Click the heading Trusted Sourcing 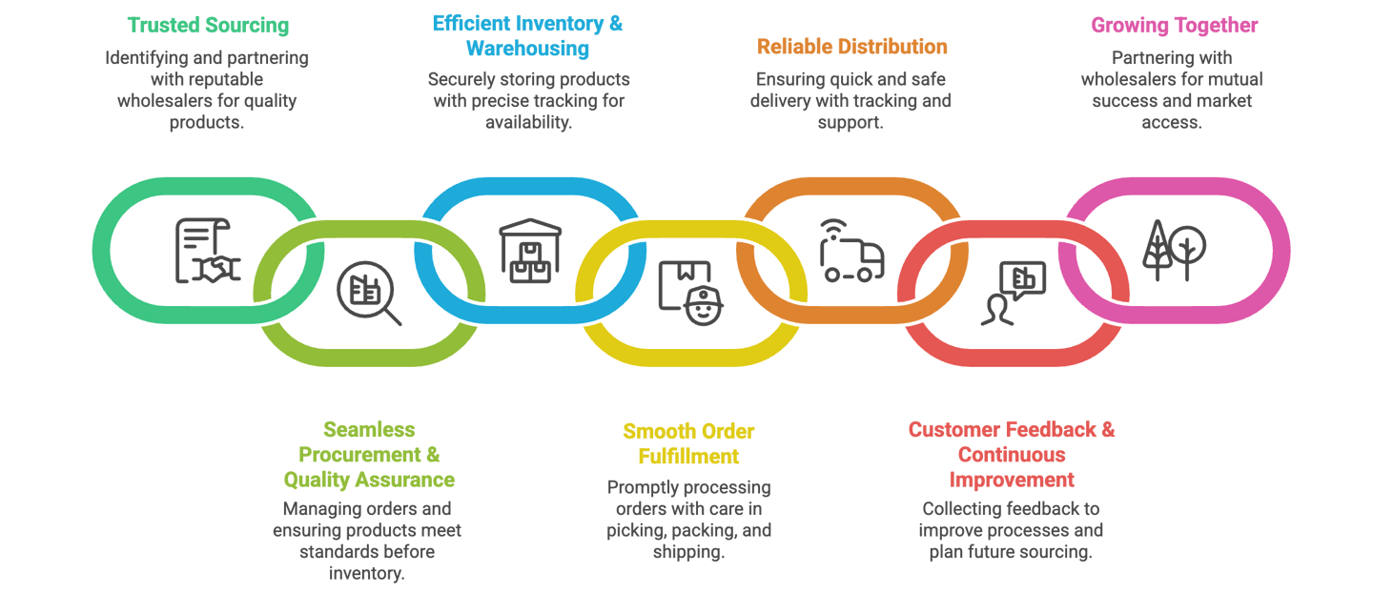pyautogui.click(x=207, y=25)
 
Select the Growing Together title pyautogui.click(x=1174, y=25)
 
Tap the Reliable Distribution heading pyautogui.click(x=851, y=46)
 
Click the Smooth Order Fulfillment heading pyautogui.click(x=688, y=443)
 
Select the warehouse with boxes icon pyautogui.click(x=530, y=250)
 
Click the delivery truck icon pyautogui.click(x=851, y=252)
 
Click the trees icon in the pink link pyautogui.click(x=1174, y=250)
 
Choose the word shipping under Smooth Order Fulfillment pyautogui.click(x=688, y=551)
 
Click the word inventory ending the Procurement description pyautogui.click(x=367, y=573)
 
